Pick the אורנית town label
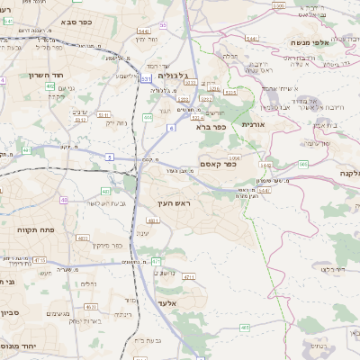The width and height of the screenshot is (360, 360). click(x=253, y=124)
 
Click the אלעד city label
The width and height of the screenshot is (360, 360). click(x=168, y=302)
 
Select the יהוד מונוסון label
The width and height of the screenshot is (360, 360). click(x=20, y=345)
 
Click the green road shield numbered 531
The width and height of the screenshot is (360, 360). click(x=145, y=79)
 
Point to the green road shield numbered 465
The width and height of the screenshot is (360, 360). click(x=245, y=328)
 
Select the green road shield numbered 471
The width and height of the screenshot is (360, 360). click(x=155, y=261)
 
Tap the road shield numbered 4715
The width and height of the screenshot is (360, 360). click(x=40, y=259)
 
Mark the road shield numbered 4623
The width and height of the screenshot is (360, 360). click(x=83, y=238)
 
